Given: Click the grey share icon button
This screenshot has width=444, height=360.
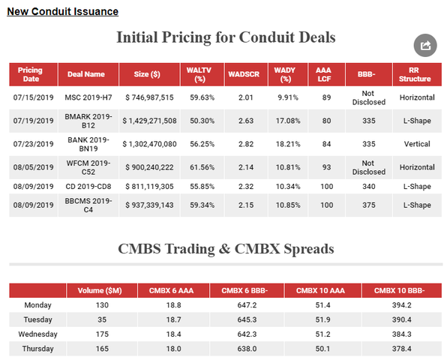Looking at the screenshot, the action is point(425,45).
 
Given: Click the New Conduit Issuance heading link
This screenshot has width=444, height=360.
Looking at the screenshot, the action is point(62,11).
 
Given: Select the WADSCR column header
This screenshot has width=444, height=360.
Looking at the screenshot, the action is point(244,74).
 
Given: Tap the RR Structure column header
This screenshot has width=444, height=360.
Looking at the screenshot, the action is point(415,74).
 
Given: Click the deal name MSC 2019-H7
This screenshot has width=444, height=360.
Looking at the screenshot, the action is point(88,97).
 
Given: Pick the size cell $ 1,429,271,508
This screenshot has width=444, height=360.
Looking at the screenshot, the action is point(149,121).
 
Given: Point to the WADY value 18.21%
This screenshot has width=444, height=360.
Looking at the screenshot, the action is point(288,144).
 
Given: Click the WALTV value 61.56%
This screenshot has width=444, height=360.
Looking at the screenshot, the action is point(202,167).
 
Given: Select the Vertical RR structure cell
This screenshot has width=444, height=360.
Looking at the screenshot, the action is point(417,144).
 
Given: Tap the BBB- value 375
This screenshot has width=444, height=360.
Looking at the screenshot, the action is point(369,205).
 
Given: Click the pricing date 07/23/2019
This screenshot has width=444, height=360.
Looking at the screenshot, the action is point(34,144).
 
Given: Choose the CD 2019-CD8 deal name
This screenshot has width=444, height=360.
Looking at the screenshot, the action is point(88,186).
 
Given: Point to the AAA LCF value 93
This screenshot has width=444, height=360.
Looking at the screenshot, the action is point(326,167).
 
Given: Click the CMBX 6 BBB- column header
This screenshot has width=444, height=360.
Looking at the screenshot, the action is point(244,290).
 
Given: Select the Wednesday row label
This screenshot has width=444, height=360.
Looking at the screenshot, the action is point(37,334).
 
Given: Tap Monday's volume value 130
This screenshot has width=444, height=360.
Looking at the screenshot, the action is point(102,305).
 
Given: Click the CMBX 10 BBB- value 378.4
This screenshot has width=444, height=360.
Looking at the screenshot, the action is point(401,349).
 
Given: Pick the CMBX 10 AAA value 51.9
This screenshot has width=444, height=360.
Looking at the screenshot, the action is point(322,319).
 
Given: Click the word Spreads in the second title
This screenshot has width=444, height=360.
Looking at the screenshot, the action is point(309,249).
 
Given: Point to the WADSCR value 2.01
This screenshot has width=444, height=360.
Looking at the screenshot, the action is point(245,97).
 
